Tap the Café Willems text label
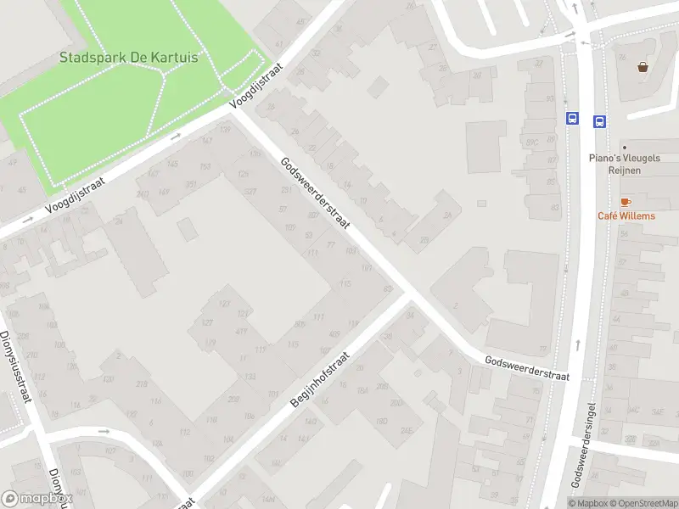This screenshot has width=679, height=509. coord(626,215)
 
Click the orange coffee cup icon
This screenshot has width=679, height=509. coord(626,202)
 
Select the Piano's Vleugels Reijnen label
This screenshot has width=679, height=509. coord(626,164)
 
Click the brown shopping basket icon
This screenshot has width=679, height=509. coord(643,66)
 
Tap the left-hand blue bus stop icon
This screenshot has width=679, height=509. coord(573,120)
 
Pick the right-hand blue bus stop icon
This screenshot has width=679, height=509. coord(599,121)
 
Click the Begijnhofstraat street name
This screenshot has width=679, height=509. coord(321,380)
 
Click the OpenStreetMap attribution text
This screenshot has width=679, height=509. coord(643,503)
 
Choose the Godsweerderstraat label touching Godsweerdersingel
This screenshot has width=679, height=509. coord(527,367)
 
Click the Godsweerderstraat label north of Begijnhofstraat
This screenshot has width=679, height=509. coord(315,194)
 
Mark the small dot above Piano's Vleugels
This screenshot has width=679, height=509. coord(624,147)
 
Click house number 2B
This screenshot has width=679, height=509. coord(424,240)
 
